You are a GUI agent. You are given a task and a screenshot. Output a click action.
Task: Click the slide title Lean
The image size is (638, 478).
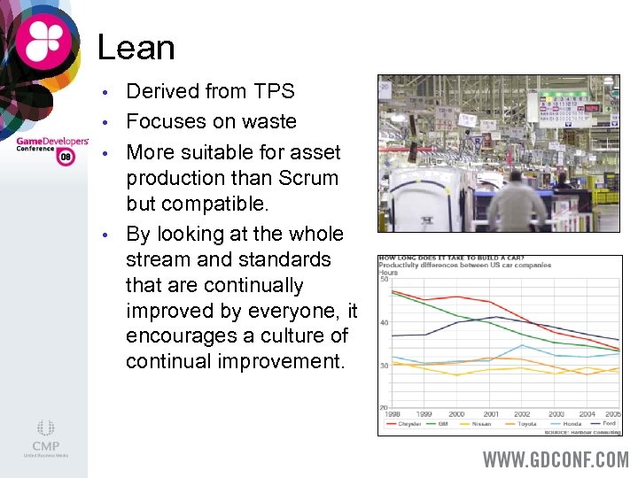(x=136, y=47)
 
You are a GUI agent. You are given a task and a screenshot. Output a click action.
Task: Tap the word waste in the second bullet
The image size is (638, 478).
(x=268, y=121)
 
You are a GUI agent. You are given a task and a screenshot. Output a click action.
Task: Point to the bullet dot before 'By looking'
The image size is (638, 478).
(x=105, y=235)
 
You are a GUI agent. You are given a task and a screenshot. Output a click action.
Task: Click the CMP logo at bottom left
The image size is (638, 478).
(x=45, y=439)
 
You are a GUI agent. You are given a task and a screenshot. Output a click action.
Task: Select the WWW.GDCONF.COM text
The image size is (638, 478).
(x=556, y=459)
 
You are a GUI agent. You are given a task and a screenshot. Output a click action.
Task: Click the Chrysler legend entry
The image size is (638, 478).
(x=408, y=424)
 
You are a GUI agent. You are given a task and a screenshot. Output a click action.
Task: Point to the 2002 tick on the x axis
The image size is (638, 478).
(x=523, y=414)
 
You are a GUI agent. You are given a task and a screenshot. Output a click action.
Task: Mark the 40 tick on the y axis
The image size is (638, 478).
(x=384, y=323)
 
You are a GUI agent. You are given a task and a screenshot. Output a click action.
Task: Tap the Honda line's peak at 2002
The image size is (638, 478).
(x=523, y=345)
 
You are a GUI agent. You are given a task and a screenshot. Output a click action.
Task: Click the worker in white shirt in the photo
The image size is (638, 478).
(x=517, y=204)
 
